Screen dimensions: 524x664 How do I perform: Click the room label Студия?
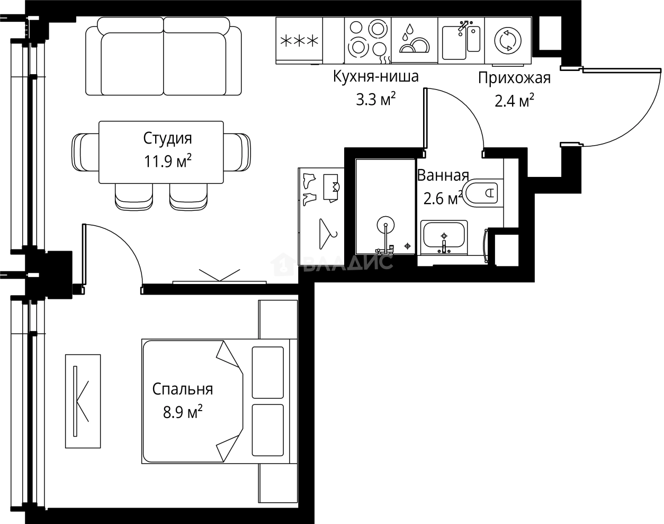pos(167,139)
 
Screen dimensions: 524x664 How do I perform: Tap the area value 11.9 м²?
pos(167,161)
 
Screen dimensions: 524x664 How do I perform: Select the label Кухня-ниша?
pos(375,77)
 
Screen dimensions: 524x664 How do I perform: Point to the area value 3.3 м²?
pos(375,99)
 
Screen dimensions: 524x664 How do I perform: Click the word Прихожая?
pos(514,78)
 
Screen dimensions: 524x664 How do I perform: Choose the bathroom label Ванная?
pos(443,175)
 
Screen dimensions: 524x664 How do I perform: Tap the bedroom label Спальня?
pos(183,389)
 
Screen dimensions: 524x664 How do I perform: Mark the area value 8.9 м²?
pos(183,412)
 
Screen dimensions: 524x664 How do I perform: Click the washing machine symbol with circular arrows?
pos(507,41)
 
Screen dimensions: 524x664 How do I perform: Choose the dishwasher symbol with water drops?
pos(414,41)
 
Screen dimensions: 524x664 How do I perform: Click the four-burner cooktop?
pos(367,38)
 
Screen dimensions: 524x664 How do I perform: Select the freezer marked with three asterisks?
pos(299,41)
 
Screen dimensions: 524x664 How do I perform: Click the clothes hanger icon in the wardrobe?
pos(328,234)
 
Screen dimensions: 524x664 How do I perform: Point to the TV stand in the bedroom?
pos(82,401)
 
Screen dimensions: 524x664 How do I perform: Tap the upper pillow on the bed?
pos(267,372)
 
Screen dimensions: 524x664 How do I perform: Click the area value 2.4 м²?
pos(514,100)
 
